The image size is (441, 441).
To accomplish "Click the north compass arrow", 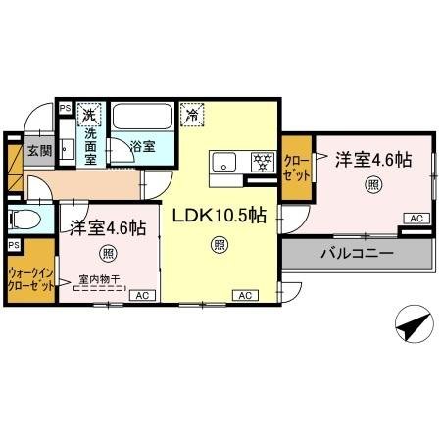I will point(412,322).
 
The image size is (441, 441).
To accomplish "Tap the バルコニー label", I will point(357,253).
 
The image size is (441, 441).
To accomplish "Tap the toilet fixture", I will point(24,218).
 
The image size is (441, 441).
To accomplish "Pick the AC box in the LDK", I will point(243,294).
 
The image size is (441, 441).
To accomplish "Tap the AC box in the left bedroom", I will point(140,294).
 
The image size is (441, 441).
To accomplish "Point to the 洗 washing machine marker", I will point(89,113).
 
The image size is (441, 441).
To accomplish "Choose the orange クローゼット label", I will point(295,167).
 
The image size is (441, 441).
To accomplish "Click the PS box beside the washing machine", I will point(65,108).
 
